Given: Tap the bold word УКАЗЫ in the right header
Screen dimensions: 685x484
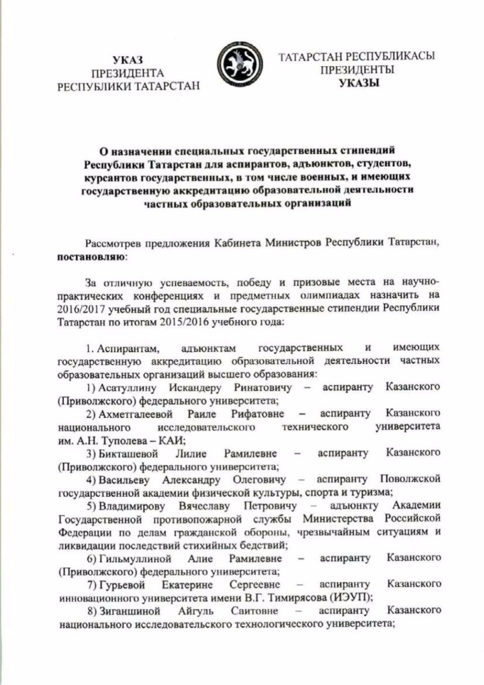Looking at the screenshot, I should pos(359,83).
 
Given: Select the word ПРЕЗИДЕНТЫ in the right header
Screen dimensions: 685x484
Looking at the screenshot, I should pos(357,70).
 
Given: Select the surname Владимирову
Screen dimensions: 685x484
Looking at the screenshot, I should pos(132,506).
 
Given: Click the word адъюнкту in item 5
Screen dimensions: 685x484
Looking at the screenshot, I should pos(354,506).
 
